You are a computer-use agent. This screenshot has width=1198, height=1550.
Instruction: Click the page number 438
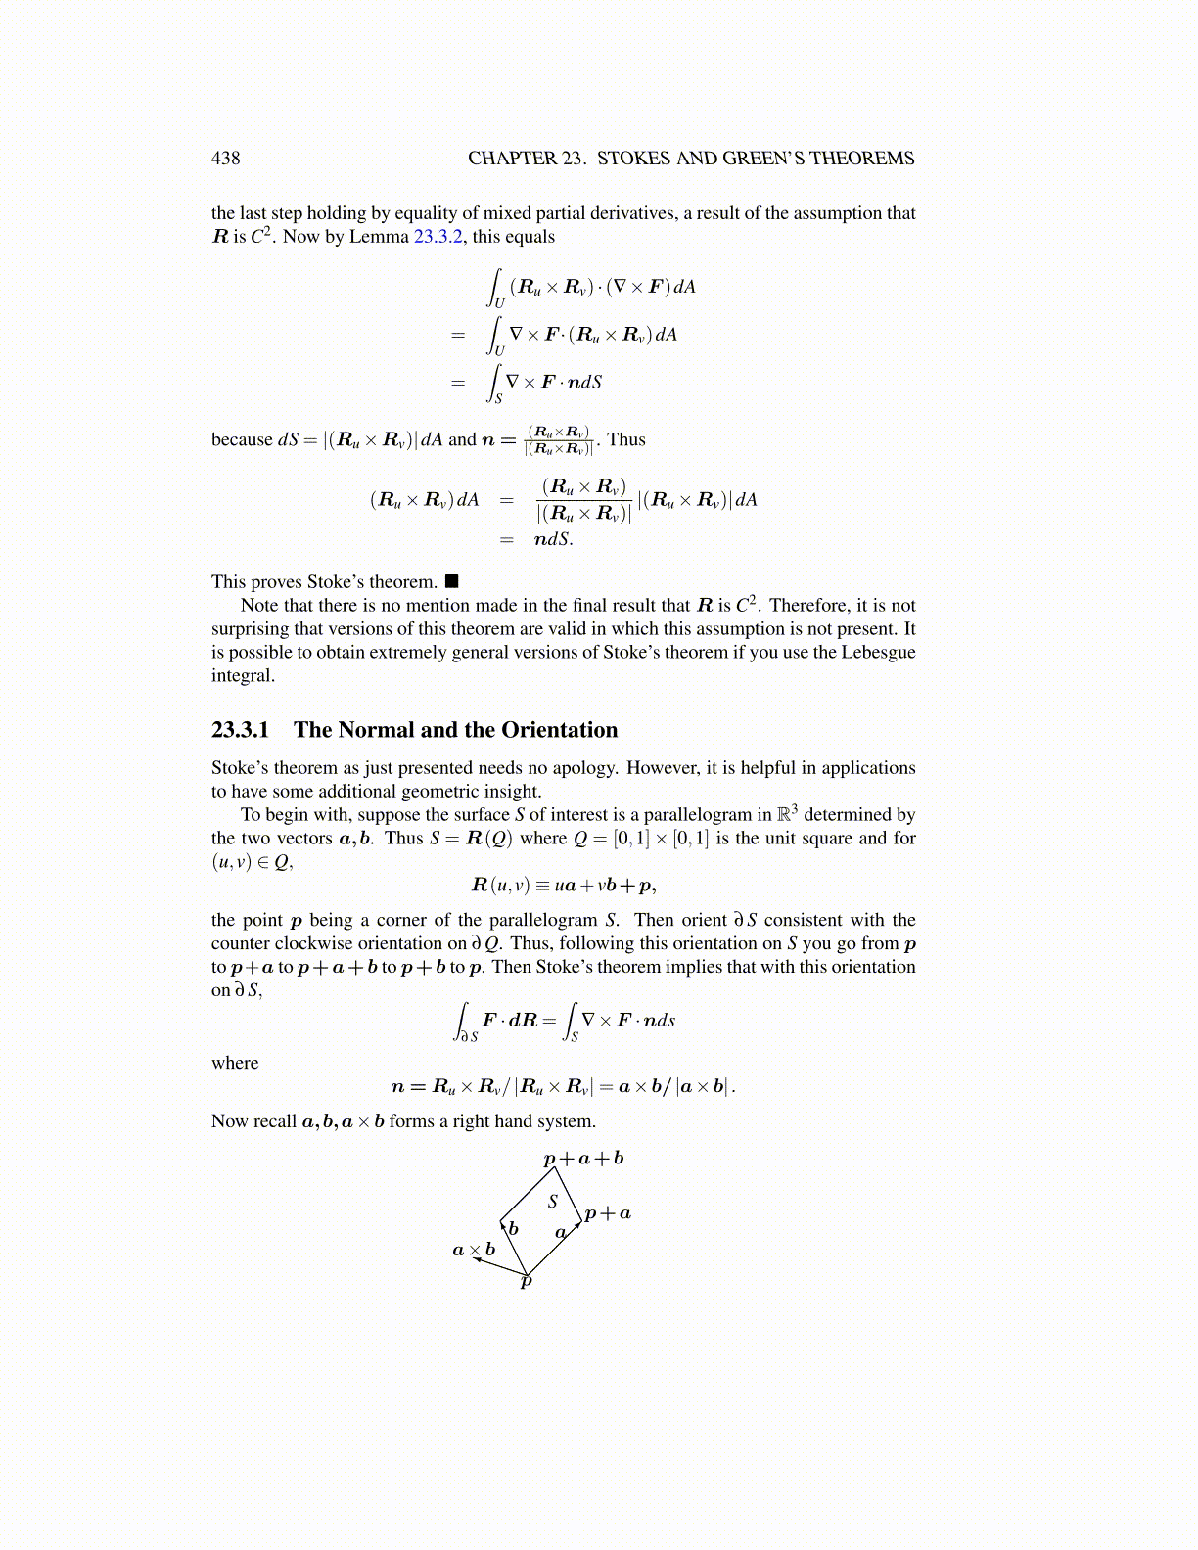(225, 159)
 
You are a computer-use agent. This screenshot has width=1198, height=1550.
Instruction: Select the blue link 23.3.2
(438, 237)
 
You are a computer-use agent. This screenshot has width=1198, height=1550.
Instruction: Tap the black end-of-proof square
(451, 582)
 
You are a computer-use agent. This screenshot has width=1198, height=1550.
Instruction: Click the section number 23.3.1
(240, 730)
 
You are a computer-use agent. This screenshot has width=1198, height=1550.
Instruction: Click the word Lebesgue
(878, 653)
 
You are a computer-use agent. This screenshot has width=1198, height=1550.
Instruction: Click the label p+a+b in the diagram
(583, 1159)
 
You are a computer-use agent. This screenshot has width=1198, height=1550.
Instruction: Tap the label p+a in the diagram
(607, 1213)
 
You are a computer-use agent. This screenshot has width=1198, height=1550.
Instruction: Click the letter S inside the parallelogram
(553, 1202)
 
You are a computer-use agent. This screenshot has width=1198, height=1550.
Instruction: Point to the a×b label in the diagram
(474, 1250)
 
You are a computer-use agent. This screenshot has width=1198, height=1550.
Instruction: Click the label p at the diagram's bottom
(526, 1282)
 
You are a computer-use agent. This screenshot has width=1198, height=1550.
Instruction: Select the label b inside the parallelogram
(513, 1229)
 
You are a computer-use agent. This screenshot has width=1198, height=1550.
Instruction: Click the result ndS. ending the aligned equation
(553, 539)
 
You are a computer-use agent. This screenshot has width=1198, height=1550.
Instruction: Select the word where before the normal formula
(235, 1063)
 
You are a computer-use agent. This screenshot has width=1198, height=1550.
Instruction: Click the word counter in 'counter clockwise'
(241, 943)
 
